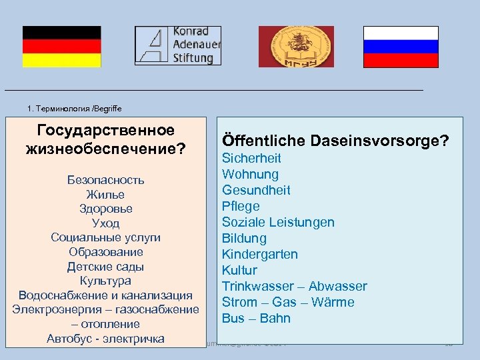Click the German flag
pyautogui.click(x=61, y=47)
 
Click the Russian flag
pyautogui.click(x=401, y=47)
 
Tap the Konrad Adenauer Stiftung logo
pyautogui.click(x=177, y=45)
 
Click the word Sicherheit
pyautogui.click(x=251, y=158)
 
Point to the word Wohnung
pyautogui.click(x=250, y=174)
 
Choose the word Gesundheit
pyautogui.click(x=256, y=190)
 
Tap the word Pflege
pyautogui.click(x=241, y=206)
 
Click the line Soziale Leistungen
pyautogui.click(x=278, y=222)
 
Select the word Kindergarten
pyautogui.click(x=260, y=254)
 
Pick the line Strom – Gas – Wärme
pyautogui.click(x=288, y=302)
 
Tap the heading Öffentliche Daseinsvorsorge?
pyautogui.click(x=335, y=141)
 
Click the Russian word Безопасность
pyautogui.click(x=105, y=180)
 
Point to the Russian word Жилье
pyautogui.click(x=105, y=195)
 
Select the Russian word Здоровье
pyautogui.click(x=105, y=209)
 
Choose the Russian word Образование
pyautogui.click(x=105, y=252)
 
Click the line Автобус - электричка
pyautogui.click(x=105, y=339)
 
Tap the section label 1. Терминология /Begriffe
pyautogui.click(x=75, y=108)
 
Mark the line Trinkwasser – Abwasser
pyautogui.click(x=294, y=286)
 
